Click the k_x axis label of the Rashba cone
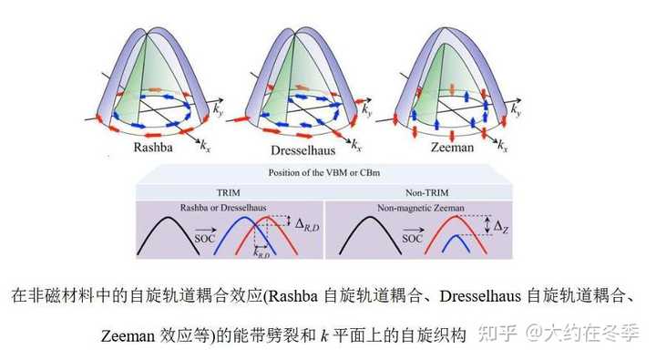pyautogui.click(x=207, y=144)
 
